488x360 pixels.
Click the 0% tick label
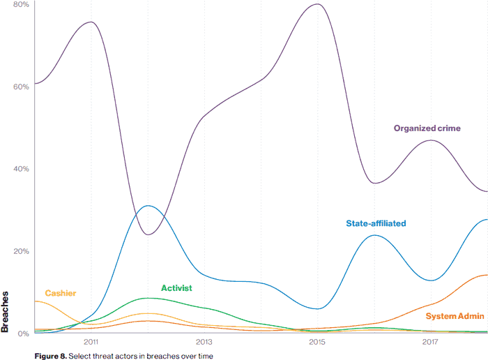[x=22, y=333]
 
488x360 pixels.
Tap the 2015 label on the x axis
[x=317, y=343]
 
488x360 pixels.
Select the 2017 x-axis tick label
[x=430, y=343]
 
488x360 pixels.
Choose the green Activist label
[x=176, y=287]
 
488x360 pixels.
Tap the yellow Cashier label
[x=61, y=293]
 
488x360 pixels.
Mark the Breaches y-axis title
[x=6, y=311]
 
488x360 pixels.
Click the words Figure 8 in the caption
[x=49, y=356]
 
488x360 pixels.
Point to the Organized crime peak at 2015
[x=317, y=4]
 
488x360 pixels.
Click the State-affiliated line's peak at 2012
[x=146, y=206]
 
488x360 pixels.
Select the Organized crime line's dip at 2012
[x=148, y=234]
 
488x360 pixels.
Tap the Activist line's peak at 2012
[x=146, y=298]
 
